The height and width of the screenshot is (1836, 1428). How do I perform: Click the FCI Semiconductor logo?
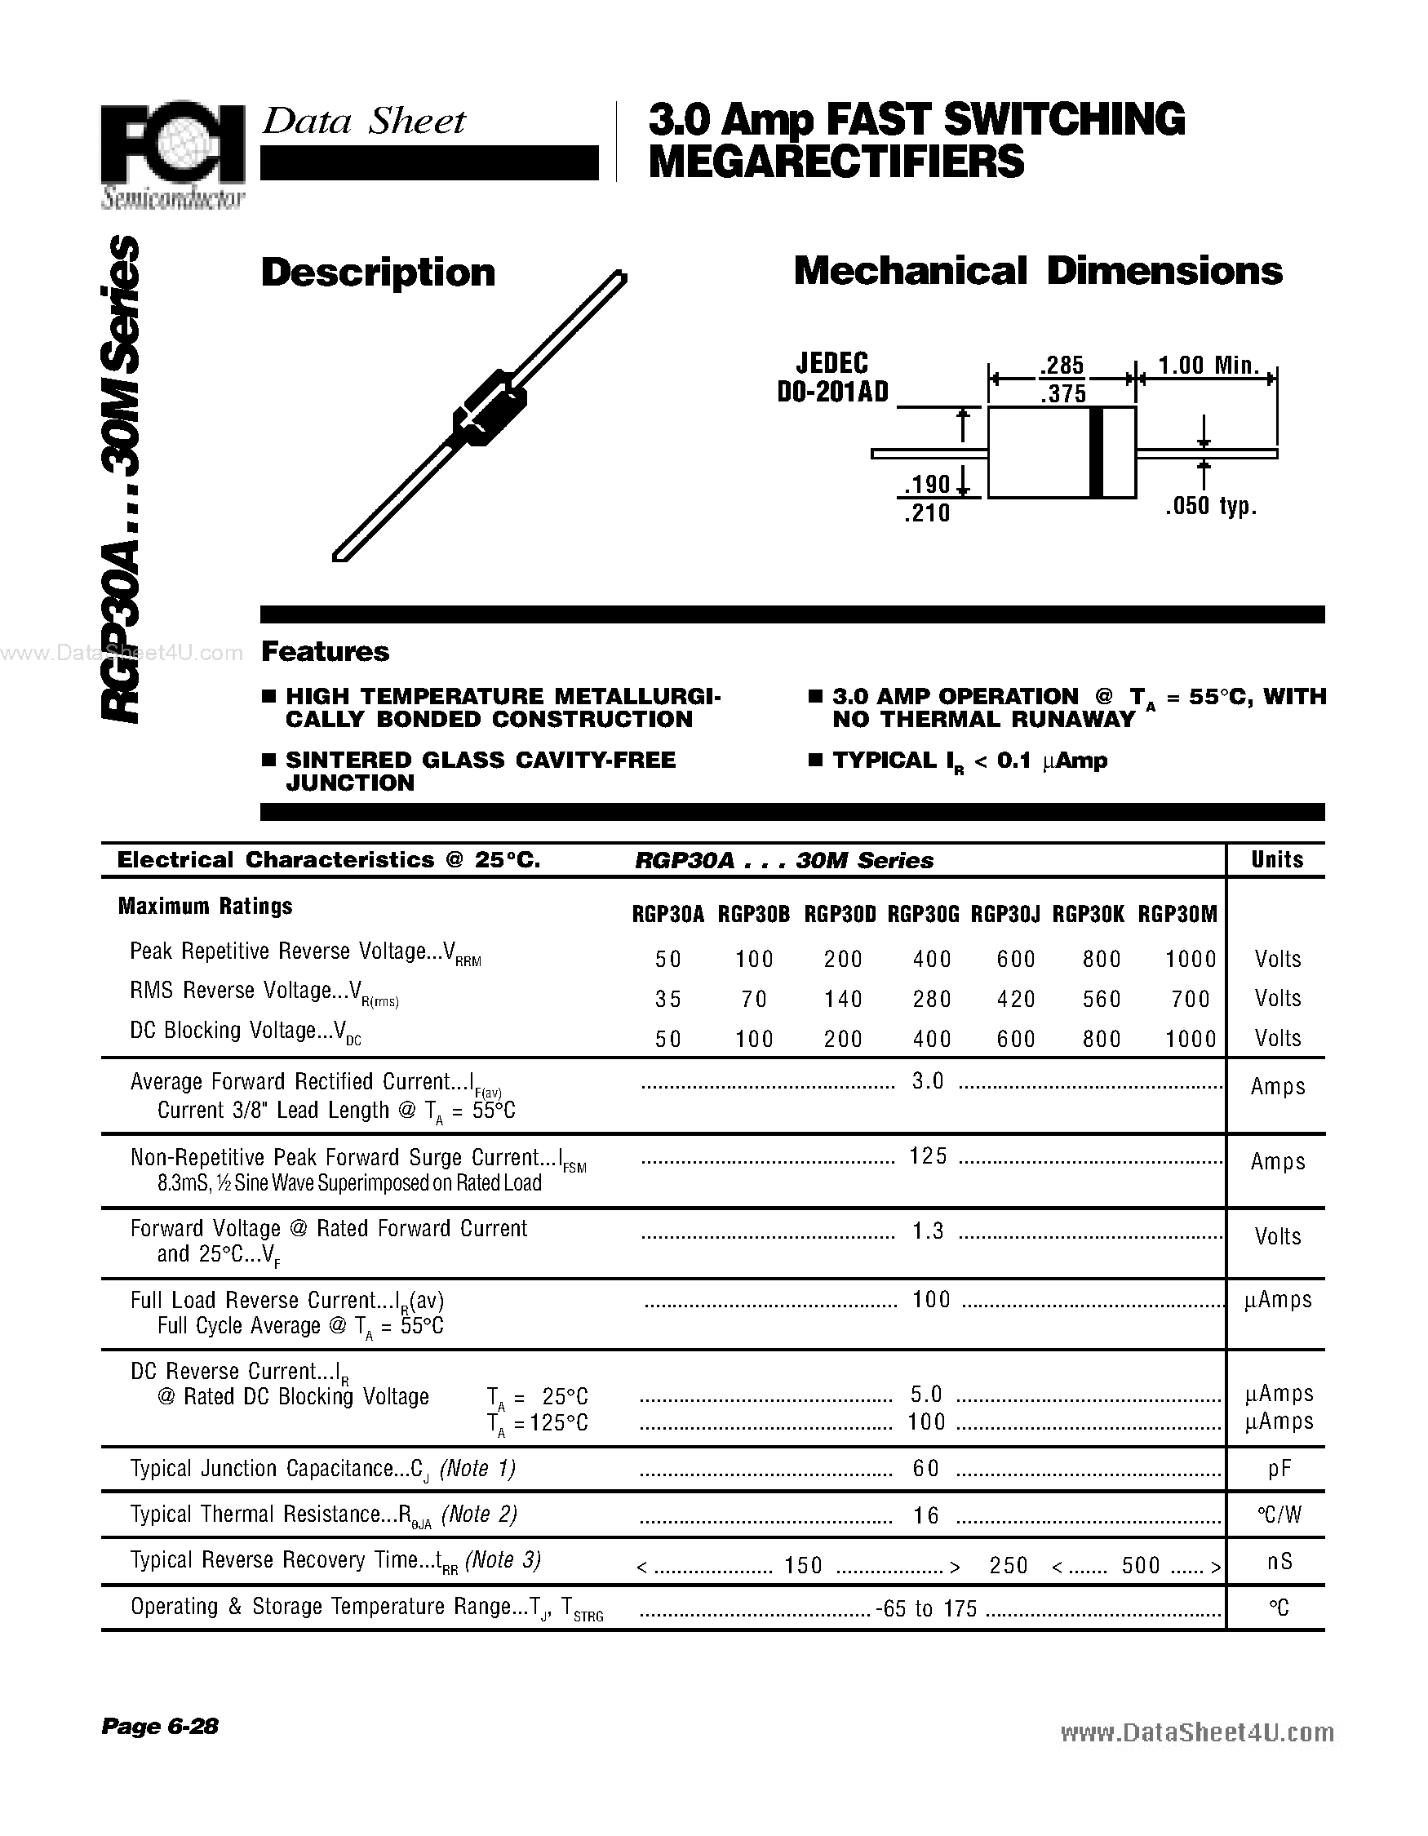tap(172, 151)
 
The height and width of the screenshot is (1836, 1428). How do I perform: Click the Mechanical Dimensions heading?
tap(1037, 271)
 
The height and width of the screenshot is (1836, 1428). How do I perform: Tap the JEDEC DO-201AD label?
tap(832, 378)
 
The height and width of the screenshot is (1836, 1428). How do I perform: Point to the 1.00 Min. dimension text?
tap(1208, 365)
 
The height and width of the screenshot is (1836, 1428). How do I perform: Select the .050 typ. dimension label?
tap(1210, 506)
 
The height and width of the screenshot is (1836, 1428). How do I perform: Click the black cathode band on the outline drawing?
tap(1096, 452)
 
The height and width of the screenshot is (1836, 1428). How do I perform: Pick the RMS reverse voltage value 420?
tap(1015, 999)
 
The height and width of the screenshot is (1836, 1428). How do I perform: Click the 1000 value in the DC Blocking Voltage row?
tap(1191, 1039)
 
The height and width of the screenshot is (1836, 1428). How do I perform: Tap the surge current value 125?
tap(928, 1157)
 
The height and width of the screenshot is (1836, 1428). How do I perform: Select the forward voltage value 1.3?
tap(928, 1231)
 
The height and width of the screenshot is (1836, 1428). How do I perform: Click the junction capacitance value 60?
tap(925, 1469)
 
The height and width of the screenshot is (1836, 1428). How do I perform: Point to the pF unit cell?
tap(1279, 1469)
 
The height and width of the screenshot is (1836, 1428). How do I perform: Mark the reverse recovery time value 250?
tap(1008, 1565)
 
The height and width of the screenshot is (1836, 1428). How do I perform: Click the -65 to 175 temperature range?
tap(926, 1609)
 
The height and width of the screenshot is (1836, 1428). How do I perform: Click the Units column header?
tap(1277, 859)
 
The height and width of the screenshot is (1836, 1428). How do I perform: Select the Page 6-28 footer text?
tap(160, 1726)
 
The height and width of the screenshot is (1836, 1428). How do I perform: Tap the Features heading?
tap(325, 651)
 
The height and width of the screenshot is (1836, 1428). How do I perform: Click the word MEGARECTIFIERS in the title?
tap(836, 162)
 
